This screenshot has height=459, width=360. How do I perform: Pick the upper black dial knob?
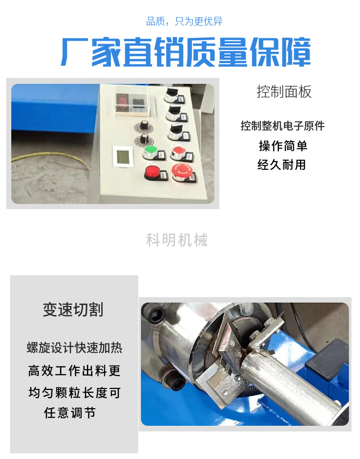(x=143, y=126)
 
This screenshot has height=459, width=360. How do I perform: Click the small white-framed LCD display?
(x=123, y=157)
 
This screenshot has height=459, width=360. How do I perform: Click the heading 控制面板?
(x=284, y=92)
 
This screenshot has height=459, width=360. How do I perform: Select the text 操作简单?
(x=283, y=146)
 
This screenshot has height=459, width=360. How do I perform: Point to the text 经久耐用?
(x=282, y=165)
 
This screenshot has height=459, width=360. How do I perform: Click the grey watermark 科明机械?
(x=177, y=240)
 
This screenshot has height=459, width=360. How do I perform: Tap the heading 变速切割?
(x=73, y=310)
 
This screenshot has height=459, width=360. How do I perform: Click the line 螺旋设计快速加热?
(x=74, y=348)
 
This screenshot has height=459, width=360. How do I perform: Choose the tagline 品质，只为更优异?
(x=184, y=22)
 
